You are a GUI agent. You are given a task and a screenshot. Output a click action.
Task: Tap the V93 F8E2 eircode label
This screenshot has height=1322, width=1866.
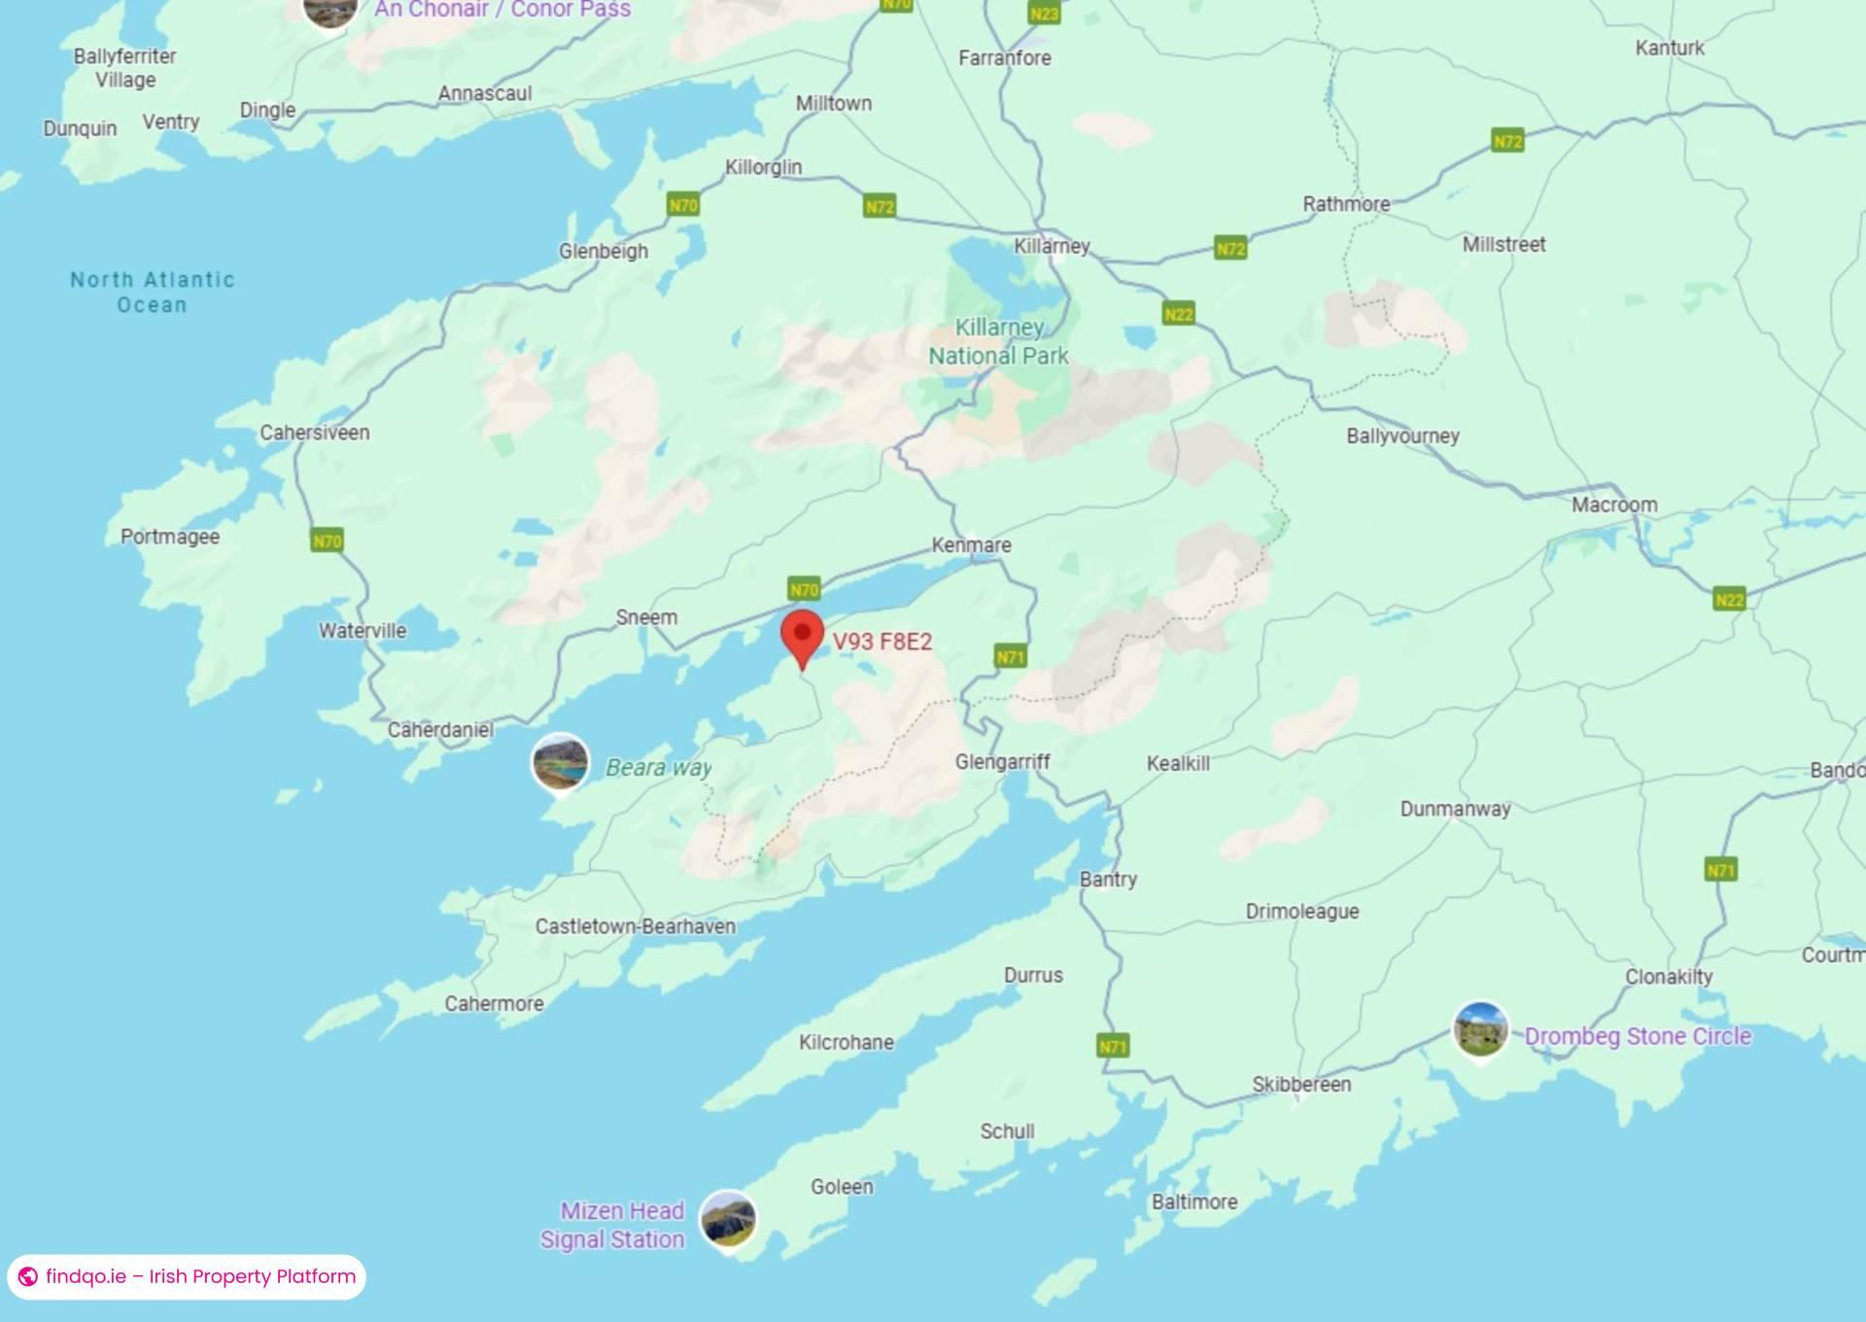pyautogui.click(x=881, y=642)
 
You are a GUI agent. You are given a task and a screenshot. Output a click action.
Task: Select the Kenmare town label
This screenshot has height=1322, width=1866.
pyautogui.click(x=971, y=545)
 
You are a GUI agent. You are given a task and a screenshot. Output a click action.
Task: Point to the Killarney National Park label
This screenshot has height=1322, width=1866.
pyautogui.click(x=998, y=341)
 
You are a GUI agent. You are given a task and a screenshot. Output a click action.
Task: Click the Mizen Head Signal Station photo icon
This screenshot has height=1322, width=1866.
pyautogui.click(x=728, y=1218)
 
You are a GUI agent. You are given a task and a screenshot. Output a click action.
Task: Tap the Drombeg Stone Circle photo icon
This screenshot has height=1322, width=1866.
pyautogui.click(x=1480, y=1029)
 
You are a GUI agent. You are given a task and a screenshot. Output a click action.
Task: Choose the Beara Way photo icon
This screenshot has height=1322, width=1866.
pyautogui.click(x=561, y=761)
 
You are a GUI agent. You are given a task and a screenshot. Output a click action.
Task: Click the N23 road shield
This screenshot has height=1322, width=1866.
pyautogui.click(x=1044, y=14)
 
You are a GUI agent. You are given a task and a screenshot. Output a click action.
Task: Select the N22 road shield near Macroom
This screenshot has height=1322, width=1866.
pyautogui.click(x=1729, y=599)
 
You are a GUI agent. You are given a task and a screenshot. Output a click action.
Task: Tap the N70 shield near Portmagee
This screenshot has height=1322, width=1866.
pyautogui.click(x=327, y=540)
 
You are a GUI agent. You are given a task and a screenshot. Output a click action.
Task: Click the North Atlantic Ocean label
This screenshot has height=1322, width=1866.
pyautogui.click(x=153, y=293)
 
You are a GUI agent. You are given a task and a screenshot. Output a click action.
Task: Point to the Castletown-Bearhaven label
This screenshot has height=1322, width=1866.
pyautogui.click(x=635, y=926)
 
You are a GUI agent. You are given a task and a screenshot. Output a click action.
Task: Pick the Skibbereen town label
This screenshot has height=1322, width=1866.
pyautogui.click(x=1301, y=1084)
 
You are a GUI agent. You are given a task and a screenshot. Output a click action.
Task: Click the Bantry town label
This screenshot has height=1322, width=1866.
pyautogui.click(x=1108, y=879)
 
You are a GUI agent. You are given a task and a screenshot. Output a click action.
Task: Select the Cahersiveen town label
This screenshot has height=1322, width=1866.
pyautogui.click(x=314, y=433)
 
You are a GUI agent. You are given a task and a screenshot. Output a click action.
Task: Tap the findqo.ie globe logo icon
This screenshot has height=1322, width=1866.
pyautogui.click(x=28, y=1276)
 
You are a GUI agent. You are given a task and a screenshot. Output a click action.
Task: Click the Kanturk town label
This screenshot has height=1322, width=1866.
pyautogui.click(x=1669, y=48)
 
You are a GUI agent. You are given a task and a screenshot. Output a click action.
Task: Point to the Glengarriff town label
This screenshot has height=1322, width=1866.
pyautogui.click(x=1002, y=761)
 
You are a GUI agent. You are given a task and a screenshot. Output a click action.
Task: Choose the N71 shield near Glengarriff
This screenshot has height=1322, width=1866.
pyautogui.click(x=1010, y=657)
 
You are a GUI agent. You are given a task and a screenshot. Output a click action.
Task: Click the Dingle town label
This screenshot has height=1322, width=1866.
pyautogui.click(x=267, y=110)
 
